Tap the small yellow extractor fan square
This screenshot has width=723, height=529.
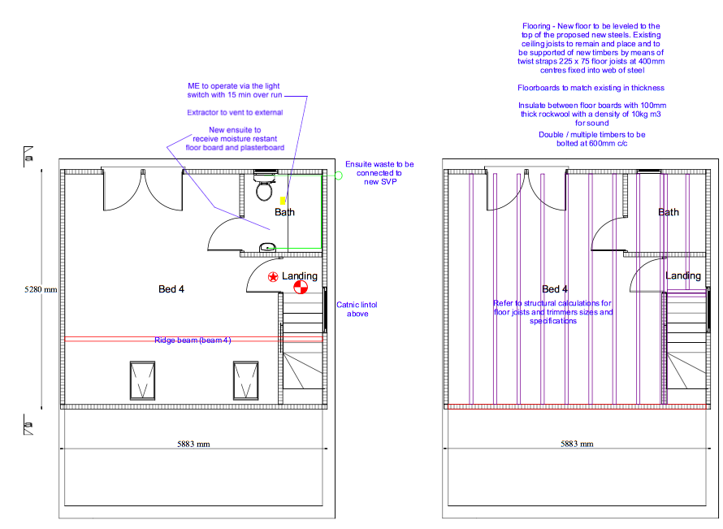[283, 201]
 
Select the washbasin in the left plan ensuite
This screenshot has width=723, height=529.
[267, 247]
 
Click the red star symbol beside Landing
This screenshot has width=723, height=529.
[273, 277]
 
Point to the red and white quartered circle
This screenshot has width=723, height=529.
[301, 288]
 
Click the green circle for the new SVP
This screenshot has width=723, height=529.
[339, 176]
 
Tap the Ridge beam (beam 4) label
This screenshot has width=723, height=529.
[193, 340]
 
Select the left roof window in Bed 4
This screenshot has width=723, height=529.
[142, 380]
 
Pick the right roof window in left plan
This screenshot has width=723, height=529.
[246, 380]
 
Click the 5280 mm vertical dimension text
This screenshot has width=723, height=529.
[41, 289]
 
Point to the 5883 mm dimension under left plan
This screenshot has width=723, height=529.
[193, 444]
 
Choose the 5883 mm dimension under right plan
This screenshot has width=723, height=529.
[577, 444]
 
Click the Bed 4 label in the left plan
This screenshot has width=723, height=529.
[171, 289]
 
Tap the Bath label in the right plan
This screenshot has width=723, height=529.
[669, 212]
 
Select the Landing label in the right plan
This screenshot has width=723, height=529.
[683, 275]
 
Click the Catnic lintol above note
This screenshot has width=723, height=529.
[357, 309]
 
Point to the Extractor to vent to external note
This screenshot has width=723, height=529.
[235, 112]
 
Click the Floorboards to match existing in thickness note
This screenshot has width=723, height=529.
[591, 88]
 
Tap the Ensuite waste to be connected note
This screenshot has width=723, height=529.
[379, 173]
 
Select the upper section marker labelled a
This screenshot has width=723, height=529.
[28, 157]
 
